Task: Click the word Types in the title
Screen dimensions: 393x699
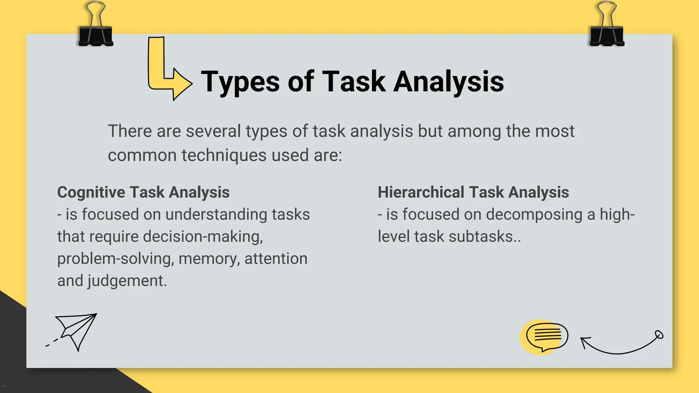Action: pyautogui.click(x=240, y=82)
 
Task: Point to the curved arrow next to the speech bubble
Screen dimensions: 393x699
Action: pyautogui.click(x=621, y=345)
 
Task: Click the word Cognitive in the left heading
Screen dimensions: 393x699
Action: pyautogui.click(x=91, y=192)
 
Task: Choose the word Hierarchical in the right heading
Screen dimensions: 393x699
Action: pyautogui.click(x=420, y=192)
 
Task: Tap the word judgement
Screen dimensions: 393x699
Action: pyautogui.click(x=127, y=281)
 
